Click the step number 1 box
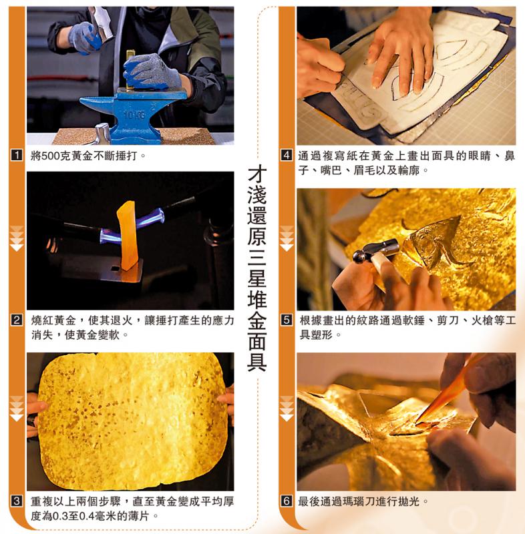(x=17, y=156)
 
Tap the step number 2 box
(x=17, y=320)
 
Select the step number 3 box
(x=17, y=501)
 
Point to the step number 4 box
(x=287, y=156)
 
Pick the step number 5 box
(x=287, y=320)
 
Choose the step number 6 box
(x=287, y=501)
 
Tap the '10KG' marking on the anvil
(x=134, y=115)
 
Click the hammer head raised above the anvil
(x=100, y=21)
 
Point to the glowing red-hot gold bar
(x=128, y=236)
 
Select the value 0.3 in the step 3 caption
(x=59, y=516)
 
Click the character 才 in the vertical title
(x=256, y=174)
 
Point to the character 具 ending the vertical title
(x=256, y=362)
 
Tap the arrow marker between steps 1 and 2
(x=17, y=238)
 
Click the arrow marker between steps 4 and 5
(x=287, y=238)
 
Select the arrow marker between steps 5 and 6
(x=287, y=409)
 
